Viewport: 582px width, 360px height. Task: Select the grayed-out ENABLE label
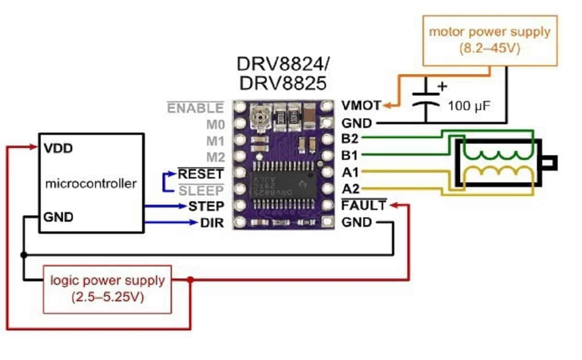tap(195, 107)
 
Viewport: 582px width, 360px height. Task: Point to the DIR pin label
tap(212, 224)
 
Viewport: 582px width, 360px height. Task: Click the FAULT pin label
tap(364, 206)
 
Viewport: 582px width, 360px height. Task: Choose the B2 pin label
tap(350, 138)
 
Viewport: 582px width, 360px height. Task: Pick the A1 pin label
tap(350, 172)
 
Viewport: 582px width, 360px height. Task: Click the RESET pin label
tap(201, 173)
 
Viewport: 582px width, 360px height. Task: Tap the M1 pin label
tap(215, 141)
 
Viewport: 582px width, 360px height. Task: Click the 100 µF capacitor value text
tap(470, 105)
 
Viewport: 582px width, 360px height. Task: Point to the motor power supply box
tap(489, 40)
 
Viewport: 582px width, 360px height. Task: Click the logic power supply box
tap(107, 288)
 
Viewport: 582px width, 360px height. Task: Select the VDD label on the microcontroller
tap(57, 148)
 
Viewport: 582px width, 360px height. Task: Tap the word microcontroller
tap(91, 184)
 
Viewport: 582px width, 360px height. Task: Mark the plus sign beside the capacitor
tap(442, 87)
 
